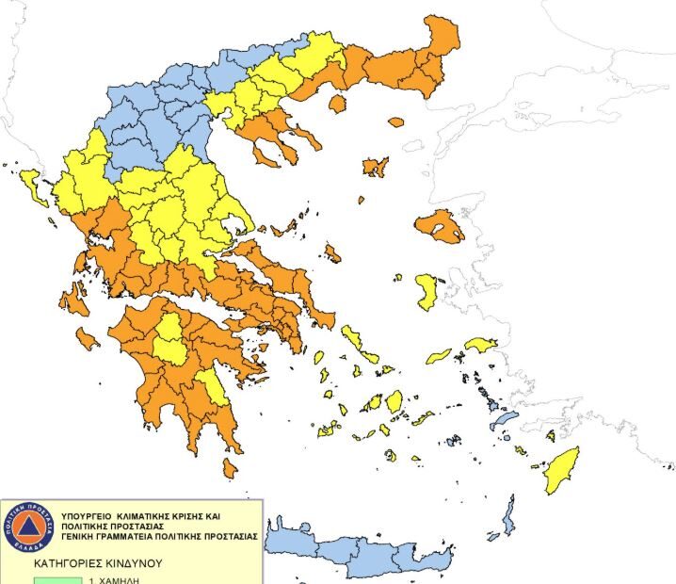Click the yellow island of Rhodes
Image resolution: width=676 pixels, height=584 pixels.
coord(562,469)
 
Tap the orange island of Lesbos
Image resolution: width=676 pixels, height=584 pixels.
coord(439,226)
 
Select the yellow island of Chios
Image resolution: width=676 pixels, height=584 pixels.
coord(427,291)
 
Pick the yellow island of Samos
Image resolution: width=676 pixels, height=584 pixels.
coord(480,345)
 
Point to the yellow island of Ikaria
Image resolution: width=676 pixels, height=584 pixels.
coord(438,357)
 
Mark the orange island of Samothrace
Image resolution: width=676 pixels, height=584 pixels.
coord(395,122)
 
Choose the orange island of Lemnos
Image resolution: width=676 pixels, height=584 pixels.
coord(376,167)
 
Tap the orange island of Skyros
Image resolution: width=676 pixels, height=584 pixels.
coord(332,252)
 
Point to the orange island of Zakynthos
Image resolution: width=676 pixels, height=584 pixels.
coord(89,337)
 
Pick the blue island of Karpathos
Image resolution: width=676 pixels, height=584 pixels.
coord(509,515)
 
